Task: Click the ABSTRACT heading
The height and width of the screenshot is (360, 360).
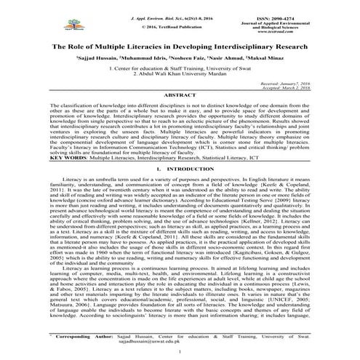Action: (180, 96)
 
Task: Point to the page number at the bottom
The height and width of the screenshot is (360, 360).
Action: (180, 351)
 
